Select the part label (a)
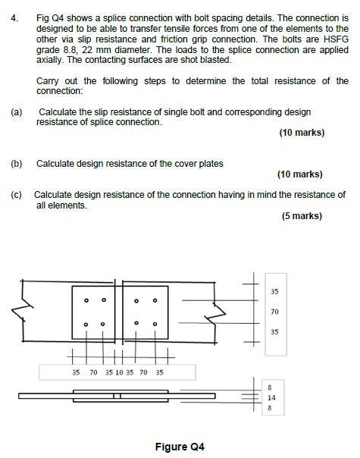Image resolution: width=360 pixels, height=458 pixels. tap(17, 112)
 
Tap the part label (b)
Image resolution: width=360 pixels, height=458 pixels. tap(17, 163)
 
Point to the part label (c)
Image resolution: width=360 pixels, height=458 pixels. tap(17, 195)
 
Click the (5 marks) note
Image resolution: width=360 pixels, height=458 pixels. tap(302, 216)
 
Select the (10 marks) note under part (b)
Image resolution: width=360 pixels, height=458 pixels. tap(300, 174)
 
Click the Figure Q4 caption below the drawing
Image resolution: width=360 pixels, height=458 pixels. tap(180, 447)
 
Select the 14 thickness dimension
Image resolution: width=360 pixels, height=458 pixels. tap(271, 397)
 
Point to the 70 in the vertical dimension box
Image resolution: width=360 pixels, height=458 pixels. tap(274, 312)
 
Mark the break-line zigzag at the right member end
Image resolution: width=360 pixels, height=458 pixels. tap(218, 311)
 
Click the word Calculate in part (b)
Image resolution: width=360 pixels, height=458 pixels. tap(55, 163)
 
